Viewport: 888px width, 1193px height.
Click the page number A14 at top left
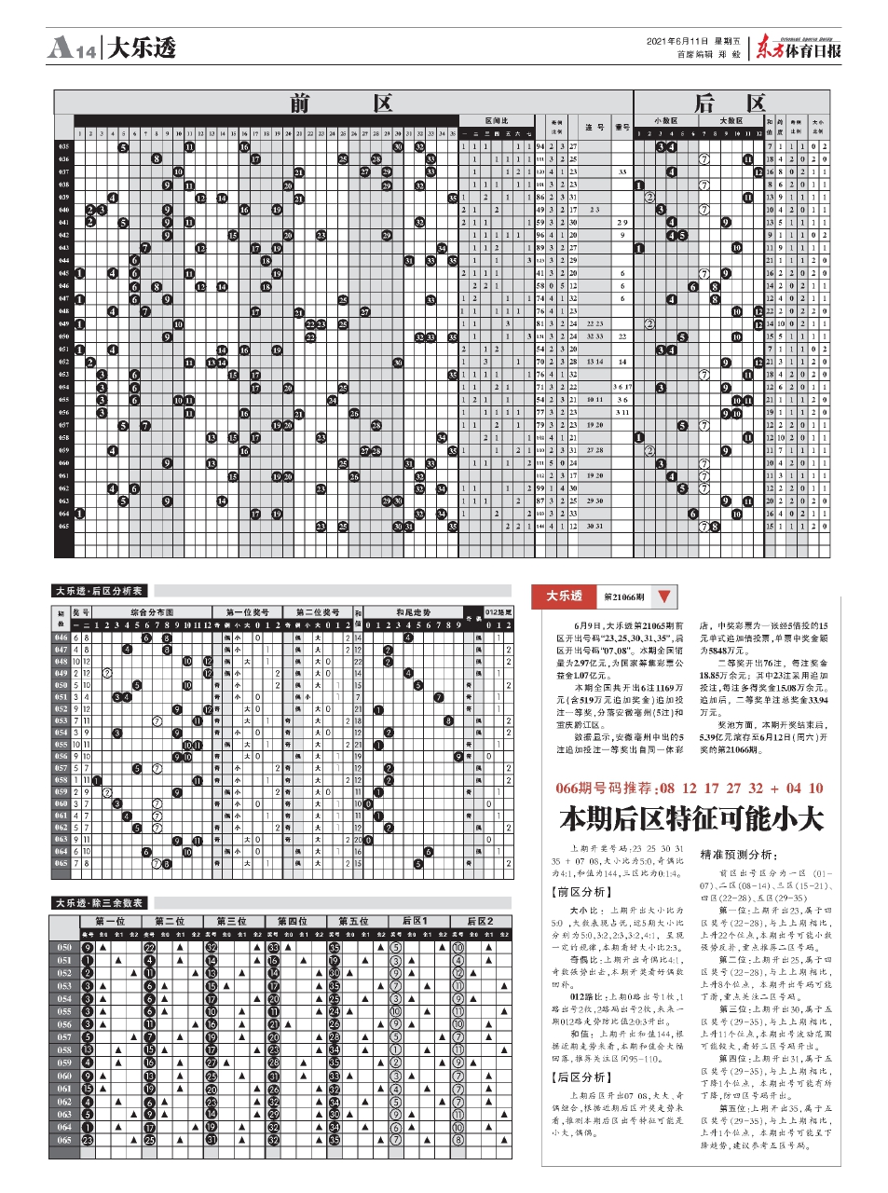pos(71,48)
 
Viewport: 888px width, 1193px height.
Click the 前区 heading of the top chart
pos(341,103)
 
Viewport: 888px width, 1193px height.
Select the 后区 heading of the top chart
pos(731,103)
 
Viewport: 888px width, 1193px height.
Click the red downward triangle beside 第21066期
pos(663,596)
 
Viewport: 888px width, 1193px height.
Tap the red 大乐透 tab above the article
pos(564,596)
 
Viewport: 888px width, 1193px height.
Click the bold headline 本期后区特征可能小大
pos(691,819)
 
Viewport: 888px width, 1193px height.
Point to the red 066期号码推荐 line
pos(690,788)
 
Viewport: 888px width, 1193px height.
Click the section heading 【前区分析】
pos(580,892)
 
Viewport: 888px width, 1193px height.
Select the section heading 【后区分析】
pos(580,1077)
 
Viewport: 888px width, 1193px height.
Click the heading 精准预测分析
pos(738,855)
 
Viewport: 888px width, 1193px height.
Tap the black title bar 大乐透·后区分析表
pos(99,591)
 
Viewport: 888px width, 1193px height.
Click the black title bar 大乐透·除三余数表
pos(99,903)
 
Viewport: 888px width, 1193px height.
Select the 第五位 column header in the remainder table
pos(353,922)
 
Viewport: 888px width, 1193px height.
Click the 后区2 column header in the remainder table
pos(480,922)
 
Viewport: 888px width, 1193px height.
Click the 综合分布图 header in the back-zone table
pos(152,612)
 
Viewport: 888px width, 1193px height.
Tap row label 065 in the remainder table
pos(63,1140)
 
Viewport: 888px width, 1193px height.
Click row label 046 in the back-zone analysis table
pos(61,638)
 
